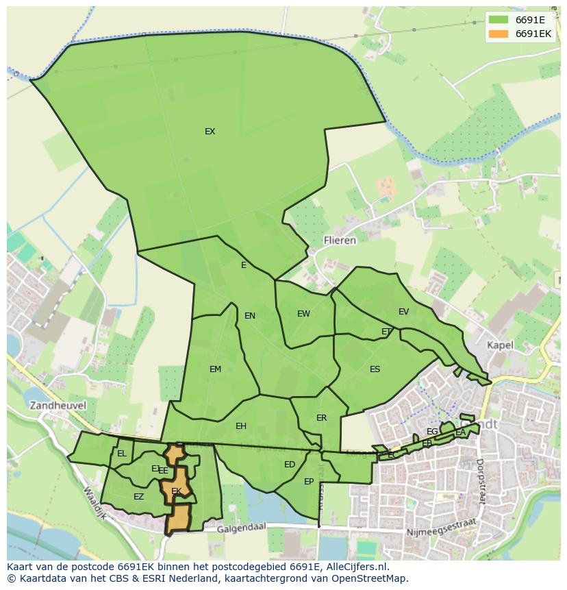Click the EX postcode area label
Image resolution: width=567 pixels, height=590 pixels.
(210, 132)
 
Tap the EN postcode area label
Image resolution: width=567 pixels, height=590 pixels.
(250, 316)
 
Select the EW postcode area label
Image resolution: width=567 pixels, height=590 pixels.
(303, 314)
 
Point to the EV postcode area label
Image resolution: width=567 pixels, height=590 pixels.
(403, 312)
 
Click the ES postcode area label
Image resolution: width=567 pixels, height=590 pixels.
(375, 369)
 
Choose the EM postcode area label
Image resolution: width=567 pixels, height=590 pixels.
(215, 369)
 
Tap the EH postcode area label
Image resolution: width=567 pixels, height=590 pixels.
(240, 426)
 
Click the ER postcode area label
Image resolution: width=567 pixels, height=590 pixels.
(321, 418)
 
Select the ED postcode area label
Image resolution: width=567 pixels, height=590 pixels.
(290, 465)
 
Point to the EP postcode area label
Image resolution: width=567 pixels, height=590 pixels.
(309, 482)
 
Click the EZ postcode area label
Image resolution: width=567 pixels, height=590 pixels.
(138, 497)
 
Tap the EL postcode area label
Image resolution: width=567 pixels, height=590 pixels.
(122, 454)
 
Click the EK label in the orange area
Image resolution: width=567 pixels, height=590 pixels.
(176, 491)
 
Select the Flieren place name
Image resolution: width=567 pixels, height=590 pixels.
(340, 241)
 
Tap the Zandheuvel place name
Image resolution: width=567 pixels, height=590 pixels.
(58, 405)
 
